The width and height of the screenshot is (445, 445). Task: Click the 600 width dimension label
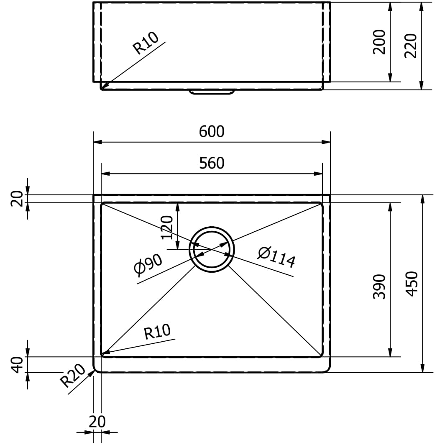coord(212,132)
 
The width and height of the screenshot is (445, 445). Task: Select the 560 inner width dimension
coord(212,163)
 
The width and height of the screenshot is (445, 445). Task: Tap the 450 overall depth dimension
coord(412,284)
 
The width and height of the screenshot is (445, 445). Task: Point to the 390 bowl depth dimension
coord(379,286)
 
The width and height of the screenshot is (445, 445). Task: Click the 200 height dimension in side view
coord(379,42)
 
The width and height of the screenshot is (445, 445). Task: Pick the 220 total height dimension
coord(411,46)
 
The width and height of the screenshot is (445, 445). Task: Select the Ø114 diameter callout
coord(276,257)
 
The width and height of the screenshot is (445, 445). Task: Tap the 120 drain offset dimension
coord(167,228)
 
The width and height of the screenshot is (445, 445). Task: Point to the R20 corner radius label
coord(73,375)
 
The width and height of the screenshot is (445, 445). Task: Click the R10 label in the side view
coord(146,43)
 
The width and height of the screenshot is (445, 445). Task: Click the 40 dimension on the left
coord(17,365)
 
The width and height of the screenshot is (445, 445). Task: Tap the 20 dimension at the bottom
coord(97,422)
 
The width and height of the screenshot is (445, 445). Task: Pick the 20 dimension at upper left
coord(17,199)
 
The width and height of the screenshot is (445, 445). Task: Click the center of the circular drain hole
coord(212,249)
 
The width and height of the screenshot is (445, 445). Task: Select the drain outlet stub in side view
coord(212,92)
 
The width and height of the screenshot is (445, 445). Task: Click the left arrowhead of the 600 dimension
coord(97,142)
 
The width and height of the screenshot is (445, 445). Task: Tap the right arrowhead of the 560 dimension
coord(318,174)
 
